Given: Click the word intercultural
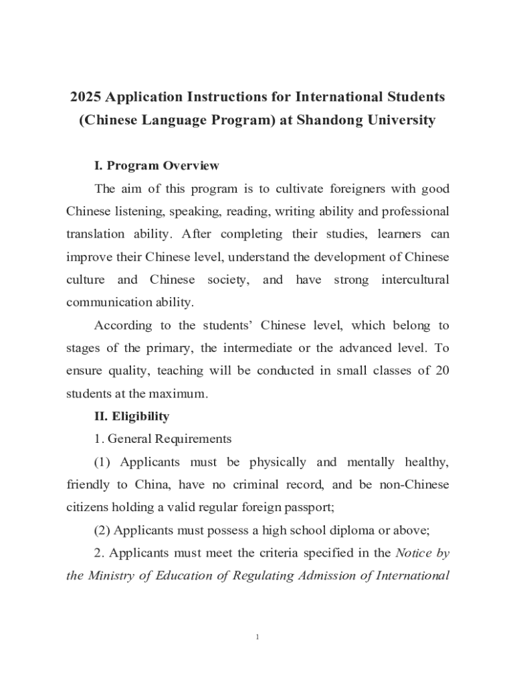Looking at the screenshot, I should (415, 280).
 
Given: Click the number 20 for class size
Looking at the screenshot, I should (441, 371).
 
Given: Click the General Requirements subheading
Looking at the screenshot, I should (163, 439).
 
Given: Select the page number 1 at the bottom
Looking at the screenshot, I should (257, 637).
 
